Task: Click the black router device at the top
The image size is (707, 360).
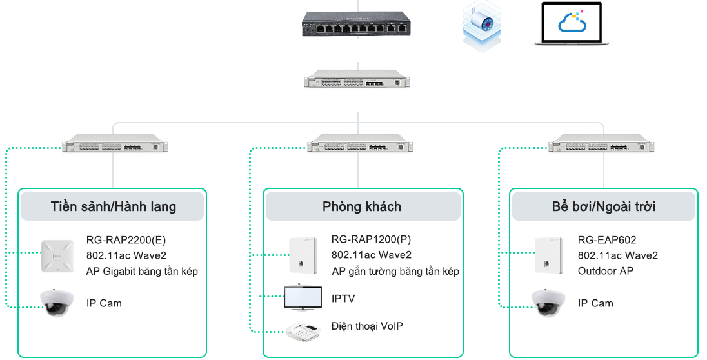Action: (x=355, y=25)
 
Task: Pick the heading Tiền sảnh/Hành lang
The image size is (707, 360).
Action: (x=113, y=207)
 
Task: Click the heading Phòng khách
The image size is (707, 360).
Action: (x=362, y=206)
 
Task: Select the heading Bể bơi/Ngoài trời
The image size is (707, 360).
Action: (x=603, y=207)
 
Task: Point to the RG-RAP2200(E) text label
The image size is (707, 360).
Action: (x=121, y=240)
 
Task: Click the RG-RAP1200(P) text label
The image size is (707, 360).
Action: (x=371, y=240)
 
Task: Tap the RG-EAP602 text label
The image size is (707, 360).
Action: (x=607, y=240)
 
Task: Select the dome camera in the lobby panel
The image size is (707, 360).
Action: (x=61, y=303)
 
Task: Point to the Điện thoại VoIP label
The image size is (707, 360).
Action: (x=367, y=326)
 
